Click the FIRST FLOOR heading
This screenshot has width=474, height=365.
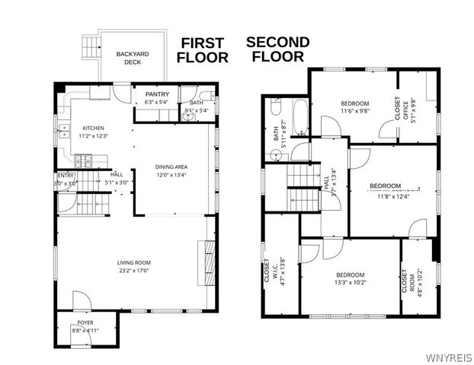[x=202, y=50]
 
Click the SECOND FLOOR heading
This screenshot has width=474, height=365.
[x=277, y=49]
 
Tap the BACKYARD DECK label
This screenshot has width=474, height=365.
[x=133, y=58]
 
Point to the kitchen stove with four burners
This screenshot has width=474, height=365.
[x=84, y=160]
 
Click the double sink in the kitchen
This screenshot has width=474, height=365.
[x=58, y=129]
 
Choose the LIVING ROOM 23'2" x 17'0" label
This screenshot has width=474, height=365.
[x=133, y=266]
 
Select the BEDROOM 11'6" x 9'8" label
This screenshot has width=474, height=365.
[x=354, y=107]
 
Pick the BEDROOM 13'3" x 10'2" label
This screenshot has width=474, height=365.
[x=351, y=278]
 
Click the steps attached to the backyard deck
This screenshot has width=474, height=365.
[x=91, y=48]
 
